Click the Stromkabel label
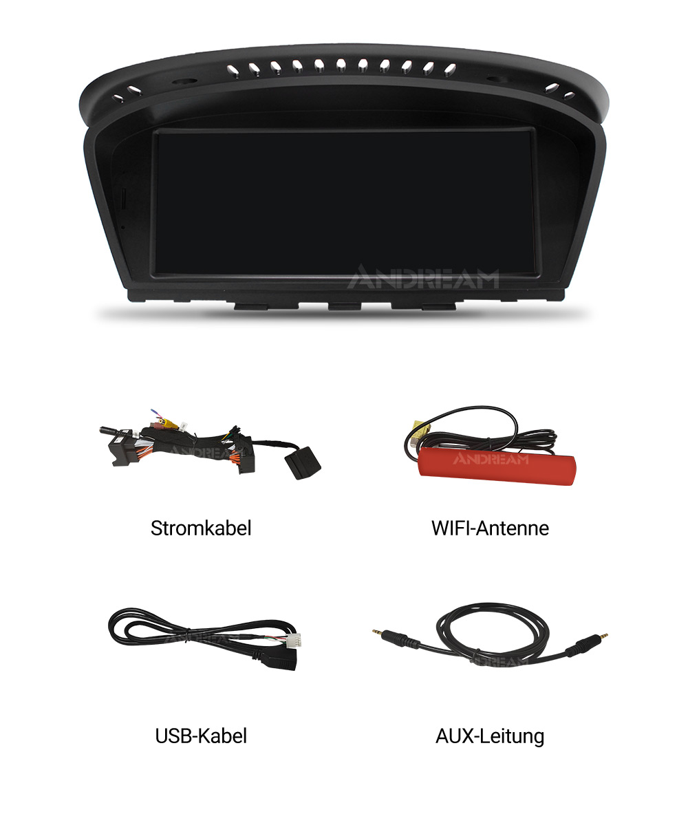point(201,528)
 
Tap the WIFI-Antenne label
point(490,528)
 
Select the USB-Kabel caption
point(201,736)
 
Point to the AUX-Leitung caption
point(490,736)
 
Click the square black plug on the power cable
point(303,462)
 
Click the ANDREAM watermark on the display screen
point(422,279)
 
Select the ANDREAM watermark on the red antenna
point(491,458)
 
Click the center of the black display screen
point(344,202)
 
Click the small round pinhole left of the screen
point(123,226)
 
